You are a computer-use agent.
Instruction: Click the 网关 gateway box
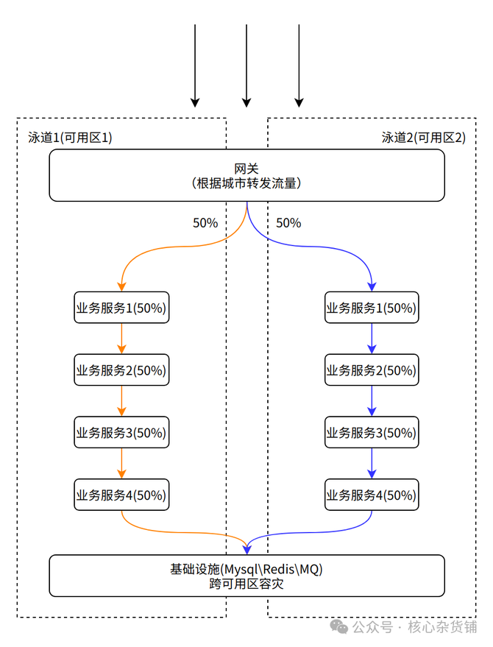click(x=246, y=175)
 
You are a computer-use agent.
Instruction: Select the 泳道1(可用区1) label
click(x=70, y=138)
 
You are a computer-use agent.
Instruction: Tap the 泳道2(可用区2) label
click(x=423, y=138)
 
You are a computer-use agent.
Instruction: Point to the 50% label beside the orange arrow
click(x=205, y=223)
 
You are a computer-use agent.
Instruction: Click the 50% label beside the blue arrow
click(x=288, y=223)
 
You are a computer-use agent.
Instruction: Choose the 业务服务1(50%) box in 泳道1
click(x=121, y=308)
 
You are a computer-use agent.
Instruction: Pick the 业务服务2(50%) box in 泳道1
click(x=121, y=370)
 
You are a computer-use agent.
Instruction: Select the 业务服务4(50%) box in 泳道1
click(x=121, y=495)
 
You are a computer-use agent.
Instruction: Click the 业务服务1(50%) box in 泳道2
click(x=372, y=308)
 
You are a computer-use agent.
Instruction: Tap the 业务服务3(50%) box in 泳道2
click(x=372, y=432)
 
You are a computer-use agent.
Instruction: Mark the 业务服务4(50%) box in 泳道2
click(x=372, y=495)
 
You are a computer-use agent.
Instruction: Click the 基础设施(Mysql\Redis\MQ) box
click(x=246, y=576)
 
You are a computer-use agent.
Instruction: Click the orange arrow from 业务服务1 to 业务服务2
click(x=121, y=339)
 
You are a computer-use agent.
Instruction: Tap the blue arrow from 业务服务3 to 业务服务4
click(x=372, y=464)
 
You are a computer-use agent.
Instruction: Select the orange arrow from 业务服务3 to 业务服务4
click(x=121, y=464)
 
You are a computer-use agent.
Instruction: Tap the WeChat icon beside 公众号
click(x=339, y=626)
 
